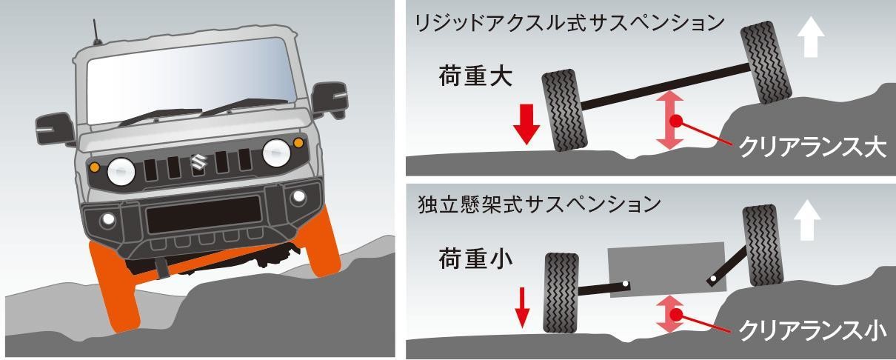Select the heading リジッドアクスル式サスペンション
pos(569,23)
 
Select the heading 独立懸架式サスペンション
pos(538,204)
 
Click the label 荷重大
pos(474,77)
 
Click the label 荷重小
pos(474,259)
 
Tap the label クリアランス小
pos(812,329)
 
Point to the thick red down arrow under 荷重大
pos(526,124)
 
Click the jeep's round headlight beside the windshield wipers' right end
pos(276,153)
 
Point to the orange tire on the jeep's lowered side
pos(115,285)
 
